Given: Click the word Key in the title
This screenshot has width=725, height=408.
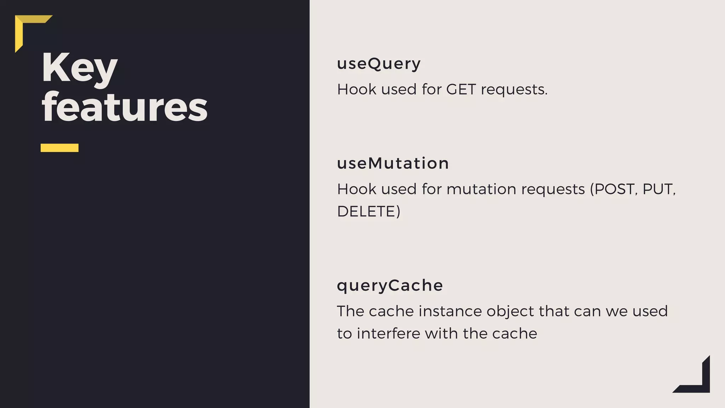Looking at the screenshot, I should click(x=79, y=68).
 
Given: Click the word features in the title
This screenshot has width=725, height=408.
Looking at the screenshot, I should click(x=125, y=107).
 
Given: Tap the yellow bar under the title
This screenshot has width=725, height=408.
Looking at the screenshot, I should click(x=59, y=148).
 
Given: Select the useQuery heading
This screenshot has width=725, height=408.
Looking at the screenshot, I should click(x=379, y=64).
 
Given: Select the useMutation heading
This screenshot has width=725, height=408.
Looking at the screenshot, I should click(x=393, y=164).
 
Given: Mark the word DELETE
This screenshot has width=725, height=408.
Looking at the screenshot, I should click(x=366, y=211).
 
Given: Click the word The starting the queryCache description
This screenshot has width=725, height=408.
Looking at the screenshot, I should click(x=350, y=311).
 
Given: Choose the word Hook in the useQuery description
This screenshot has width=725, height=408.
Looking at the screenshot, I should click(x=356, y=89).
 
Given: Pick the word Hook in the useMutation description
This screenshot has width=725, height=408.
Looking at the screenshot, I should click(x=356, y=189).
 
